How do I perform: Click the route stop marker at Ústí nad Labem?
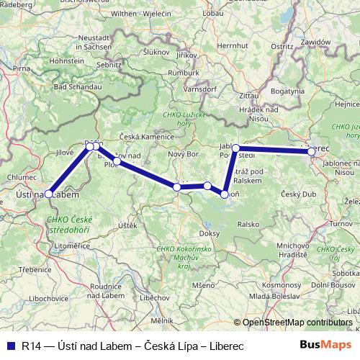(48, 194)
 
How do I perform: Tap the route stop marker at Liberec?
(311, 152)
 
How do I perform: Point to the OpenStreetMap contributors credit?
(297, 323)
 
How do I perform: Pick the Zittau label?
(248, 95)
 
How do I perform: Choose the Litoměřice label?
(72, 246)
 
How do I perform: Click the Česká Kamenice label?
(147, 136)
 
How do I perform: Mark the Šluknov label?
(156, 52)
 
